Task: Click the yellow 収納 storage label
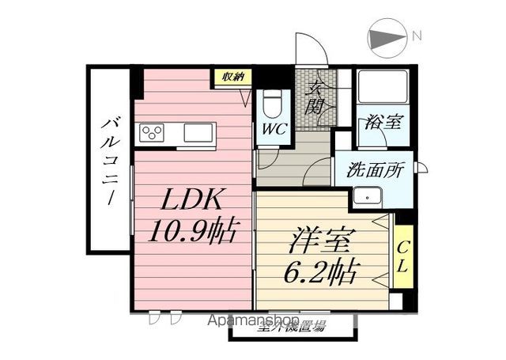[232, 77]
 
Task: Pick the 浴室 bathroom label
[383, 123]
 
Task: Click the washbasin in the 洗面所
[368, 197]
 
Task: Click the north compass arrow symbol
[386, 36]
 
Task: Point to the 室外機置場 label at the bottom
[290, 327]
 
